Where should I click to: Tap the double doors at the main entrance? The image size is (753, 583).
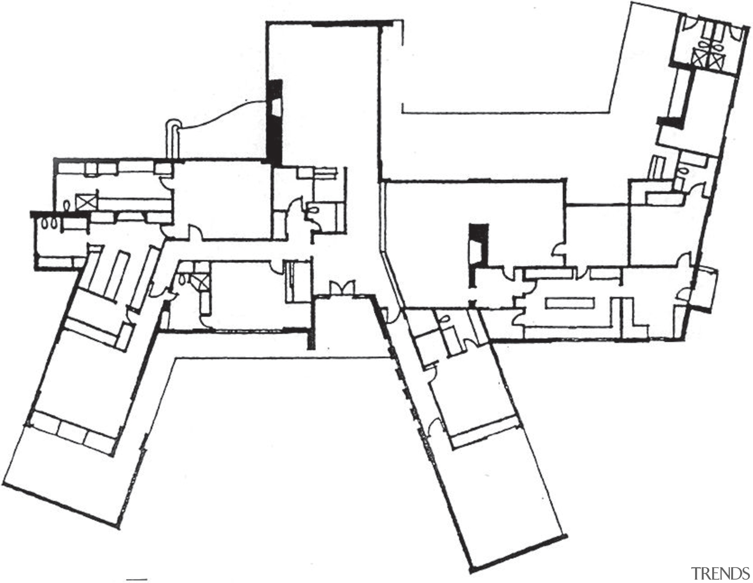pos(342,288)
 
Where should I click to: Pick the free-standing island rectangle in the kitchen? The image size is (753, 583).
pos(569,303)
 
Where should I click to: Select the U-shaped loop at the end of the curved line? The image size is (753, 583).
pos(173,138)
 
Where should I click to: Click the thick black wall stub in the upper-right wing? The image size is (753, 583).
pos(671,122)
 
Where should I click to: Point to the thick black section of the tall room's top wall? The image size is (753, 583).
pos(352,24)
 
